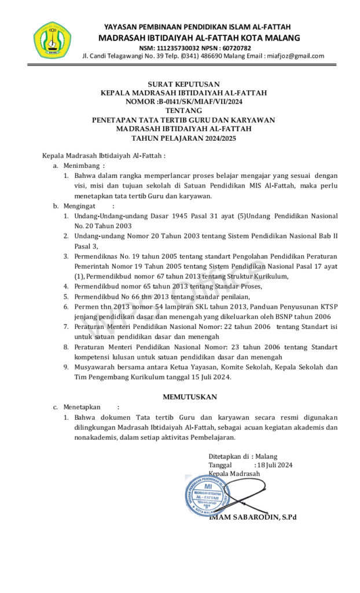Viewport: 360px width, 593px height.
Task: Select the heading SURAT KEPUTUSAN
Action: click(183, 85)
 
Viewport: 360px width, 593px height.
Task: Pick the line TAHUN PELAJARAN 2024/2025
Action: click(183, 138)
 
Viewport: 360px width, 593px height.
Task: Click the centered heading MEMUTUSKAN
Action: click(189, 397)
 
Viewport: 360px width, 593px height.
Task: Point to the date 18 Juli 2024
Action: click(275, 465)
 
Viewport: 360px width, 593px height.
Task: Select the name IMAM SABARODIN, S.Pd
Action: click(252, 517)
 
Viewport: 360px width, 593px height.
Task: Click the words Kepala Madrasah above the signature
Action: click(234, 474)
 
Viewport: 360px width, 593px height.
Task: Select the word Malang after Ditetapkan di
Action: click(266, 456)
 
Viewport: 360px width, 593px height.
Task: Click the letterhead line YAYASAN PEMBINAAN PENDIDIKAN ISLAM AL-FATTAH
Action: click(197, 27)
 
